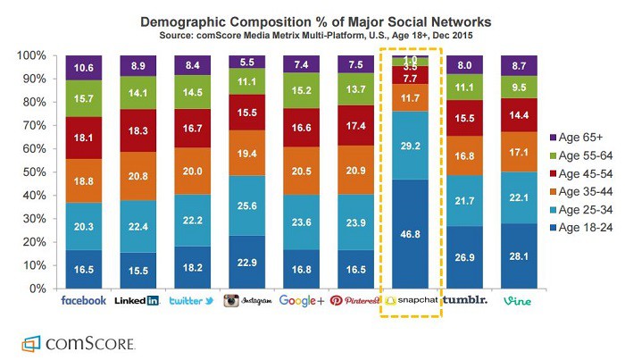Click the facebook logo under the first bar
pos(84,300)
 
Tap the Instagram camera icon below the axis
pos(231,301)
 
